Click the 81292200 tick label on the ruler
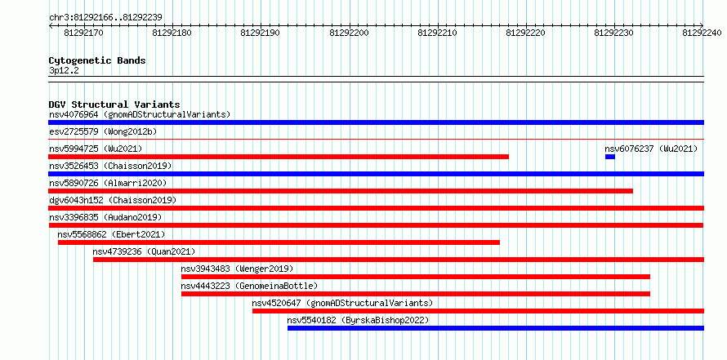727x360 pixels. pyautogui.click(x=349, y=33)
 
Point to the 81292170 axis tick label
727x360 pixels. pyautogui.click(x=83, y=33)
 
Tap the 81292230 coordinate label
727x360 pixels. pyautogui.click(x=614, y=33)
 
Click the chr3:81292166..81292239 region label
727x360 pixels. pyautogui.click(x=105, y=18)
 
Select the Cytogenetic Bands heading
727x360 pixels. pyautogui.click(x=97, y=60)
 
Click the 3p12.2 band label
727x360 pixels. pyautogui.click(x=64, y=71)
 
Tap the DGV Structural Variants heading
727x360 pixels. pyautogui.click(x=114, y=104)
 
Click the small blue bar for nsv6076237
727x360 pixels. pyautogui.click(x=610, y=157)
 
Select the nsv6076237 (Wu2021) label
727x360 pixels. pyautogui.click(x=651, y=149)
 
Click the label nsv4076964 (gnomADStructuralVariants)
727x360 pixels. pyautogui.click(x=140, y=114)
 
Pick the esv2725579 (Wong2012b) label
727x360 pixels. pyautogui.click(x=103, y=131)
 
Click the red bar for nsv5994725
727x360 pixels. pyautogui.click(x=279, y=157)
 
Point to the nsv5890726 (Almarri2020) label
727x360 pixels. pyautogui.click(x=108, y=183)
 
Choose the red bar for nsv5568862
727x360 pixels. pyautogui.click(x=279, y=242)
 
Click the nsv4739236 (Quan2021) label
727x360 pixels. pyautogui.click(x=144, y=251)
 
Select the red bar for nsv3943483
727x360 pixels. pyautogui.click(x=416, y=277)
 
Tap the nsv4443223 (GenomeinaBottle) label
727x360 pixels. pyautogui.click(x=249, y=286)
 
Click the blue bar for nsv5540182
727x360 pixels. pyautogui.click(x=496, y=328)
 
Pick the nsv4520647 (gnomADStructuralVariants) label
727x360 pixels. pyautogui.click(x=342, y=303)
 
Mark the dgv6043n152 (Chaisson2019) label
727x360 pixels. pyautogui.click(x=113, y=200)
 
